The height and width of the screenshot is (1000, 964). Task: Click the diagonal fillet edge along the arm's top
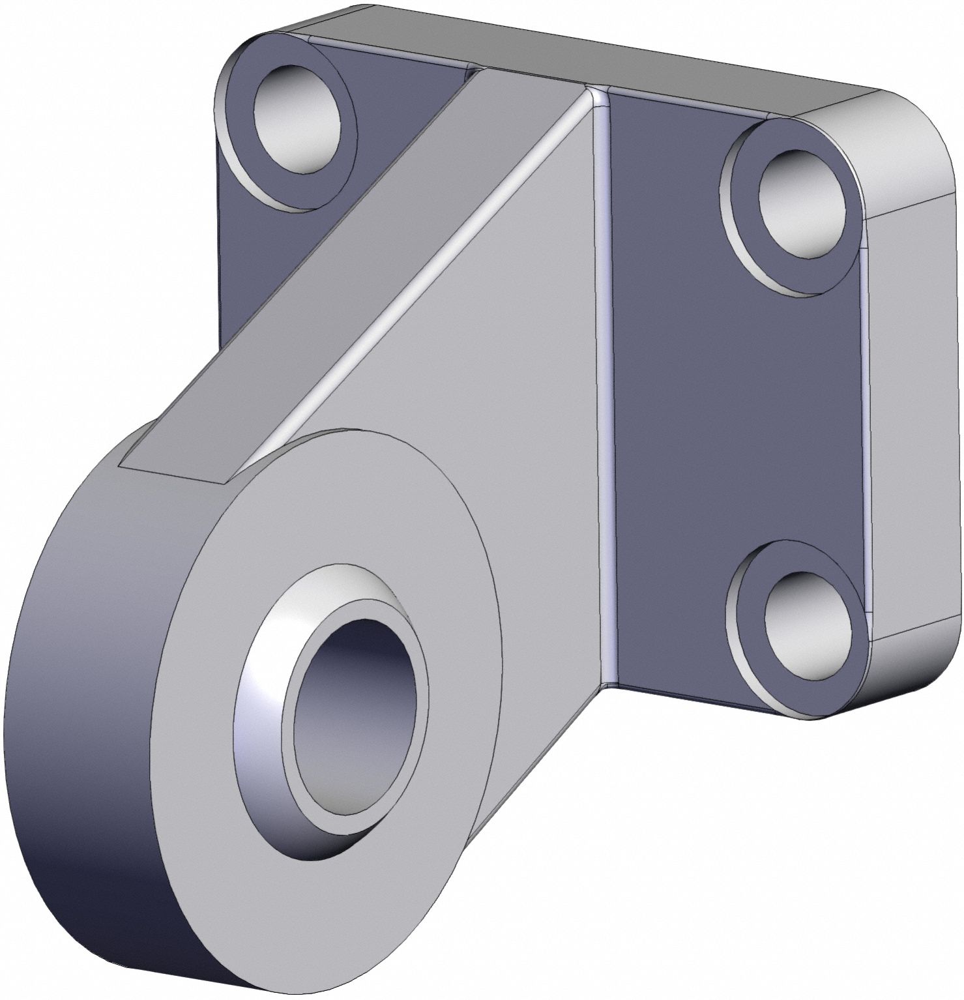424,261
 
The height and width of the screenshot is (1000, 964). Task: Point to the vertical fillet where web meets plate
605,391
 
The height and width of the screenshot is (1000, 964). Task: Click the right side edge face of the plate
913,417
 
